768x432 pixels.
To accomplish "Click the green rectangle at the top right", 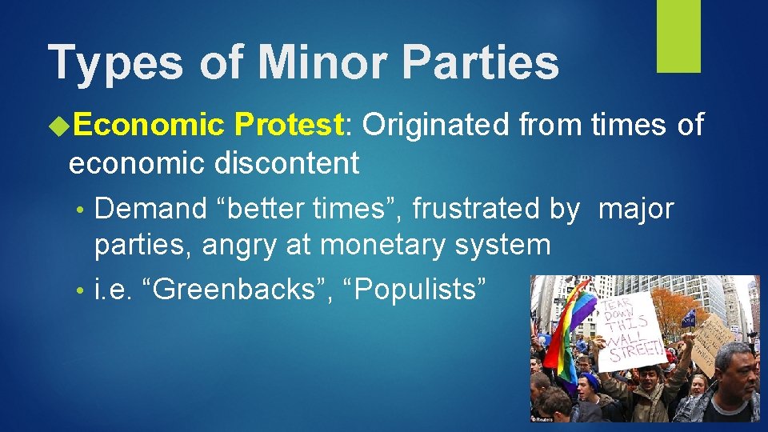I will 678,36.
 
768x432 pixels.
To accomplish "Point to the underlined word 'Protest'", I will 289,125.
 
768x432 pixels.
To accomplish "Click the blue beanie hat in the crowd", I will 590,381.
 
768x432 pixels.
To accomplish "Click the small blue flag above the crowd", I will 688,318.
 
